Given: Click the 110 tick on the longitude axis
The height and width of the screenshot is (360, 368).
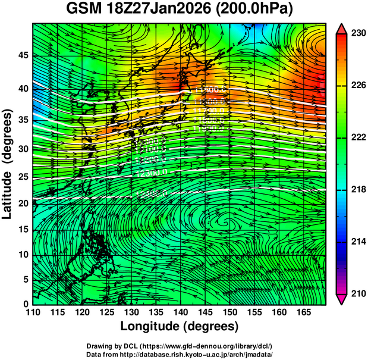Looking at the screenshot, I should (33, 312).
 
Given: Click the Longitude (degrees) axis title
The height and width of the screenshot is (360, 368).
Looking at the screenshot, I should (180, 326).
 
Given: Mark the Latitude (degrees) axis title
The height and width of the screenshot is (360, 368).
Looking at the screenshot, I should (8, 164).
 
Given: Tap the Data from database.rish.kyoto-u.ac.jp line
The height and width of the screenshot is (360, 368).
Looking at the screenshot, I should (180, 354).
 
